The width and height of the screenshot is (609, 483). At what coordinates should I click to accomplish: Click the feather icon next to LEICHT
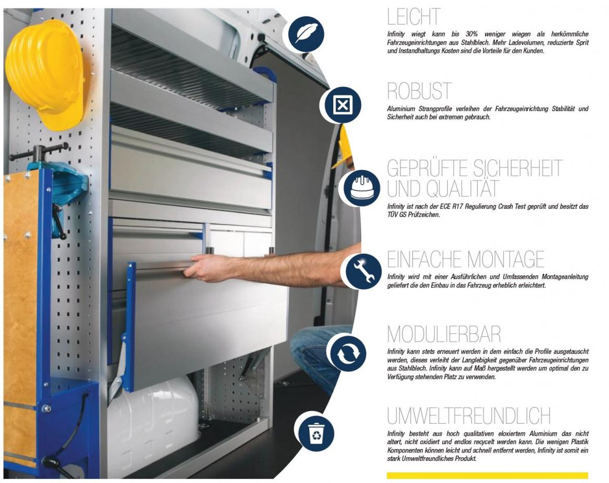pyautogui.click(x=306, y=34)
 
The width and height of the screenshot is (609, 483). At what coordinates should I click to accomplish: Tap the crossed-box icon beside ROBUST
pyautogui.click(x=342, y=105)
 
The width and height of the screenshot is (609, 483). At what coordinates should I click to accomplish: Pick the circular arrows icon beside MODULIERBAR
pyautogui.click(x=349, y=353)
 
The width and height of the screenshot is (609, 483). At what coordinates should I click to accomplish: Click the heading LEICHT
pyautogui.click(x=414, y=17)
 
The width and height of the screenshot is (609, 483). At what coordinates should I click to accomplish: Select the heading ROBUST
pyautogui.click(x=419, y=91)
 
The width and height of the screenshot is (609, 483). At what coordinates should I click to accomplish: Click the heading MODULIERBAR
pyautogui.click(x=444, y=334)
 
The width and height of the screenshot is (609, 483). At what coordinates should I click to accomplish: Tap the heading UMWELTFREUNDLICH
pyautogui.click(x=469, y=416)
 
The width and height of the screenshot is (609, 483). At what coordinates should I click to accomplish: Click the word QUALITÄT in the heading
pyautogui.click(x=462, y=189)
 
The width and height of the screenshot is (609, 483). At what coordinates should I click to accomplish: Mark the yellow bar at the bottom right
pyautogui.click(x=487, y=475)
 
